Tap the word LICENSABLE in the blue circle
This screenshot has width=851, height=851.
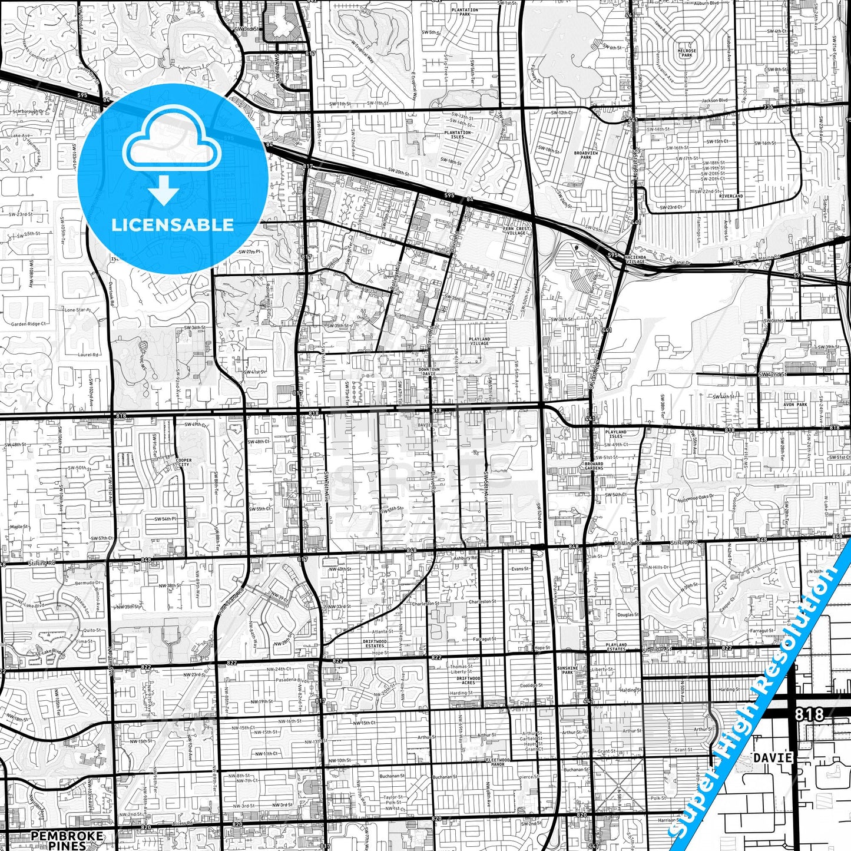[x=173, y=224]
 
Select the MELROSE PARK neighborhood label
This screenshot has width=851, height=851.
[x=687, y=53]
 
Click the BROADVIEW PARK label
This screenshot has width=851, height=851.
[x=585, y=155]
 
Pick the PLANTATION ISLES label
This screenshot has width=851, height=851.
[x=458, y=134]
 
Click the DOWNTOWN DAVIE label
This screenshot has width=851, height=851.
[x=429, y=372]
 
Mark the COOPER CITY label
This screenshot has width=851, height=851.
[x=183, y=462]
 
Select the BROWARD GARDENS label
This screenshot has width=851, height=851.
[x=594, y=466]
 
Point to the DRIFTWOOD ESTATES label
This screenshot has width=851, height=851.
[x=375, y=643]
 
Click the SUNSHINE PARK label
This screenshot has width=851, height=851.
[x=568, y=670]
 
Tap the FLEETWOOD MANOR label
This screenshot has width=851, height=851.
[x=498, y=761]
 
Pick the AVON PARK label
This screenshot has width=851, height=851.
[x=795, y=405]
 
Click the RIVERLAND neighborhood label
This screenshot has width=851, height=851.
[x=731, y=196]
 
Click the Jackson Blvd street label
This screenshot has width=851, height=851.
[x=714, y=100]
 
